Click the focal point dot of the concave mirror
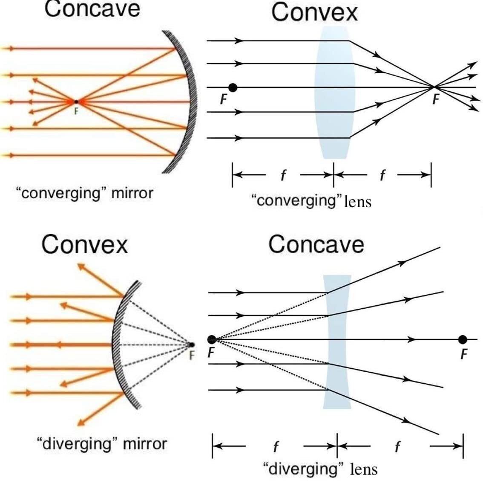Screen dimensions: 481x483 click(76, 101)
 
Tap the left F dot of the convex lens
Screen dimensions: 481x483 click(233, 88)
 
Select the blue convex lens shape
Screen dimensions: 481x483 click(334, 92)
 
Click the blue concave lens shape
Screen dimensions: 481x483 click(337, 341)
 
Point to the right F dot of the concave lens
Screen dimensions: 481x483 click(463, 339)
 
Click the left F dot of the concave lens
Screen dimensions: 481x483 click(212, 339)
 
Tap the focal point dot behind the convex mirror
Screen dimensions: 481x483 click(191, 345)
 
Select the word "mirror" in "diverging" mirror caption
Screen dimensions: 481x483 click(145, 444)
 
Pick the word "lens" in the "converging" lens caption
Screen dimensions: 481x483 click(358, 201)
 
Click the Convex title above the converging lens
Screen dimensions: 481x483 click(314, 12)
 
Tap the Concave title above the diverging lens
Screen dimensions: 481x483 click(316, 244)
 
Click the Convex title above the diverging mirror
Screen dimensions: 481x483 click(85, 244)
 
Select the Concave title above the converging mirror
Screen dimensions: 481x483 click(92, 9)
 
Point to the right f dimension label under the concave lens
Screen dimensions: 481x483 click(397, 446)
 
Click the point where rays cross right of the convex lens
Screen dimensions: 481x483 click(434, 87)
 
